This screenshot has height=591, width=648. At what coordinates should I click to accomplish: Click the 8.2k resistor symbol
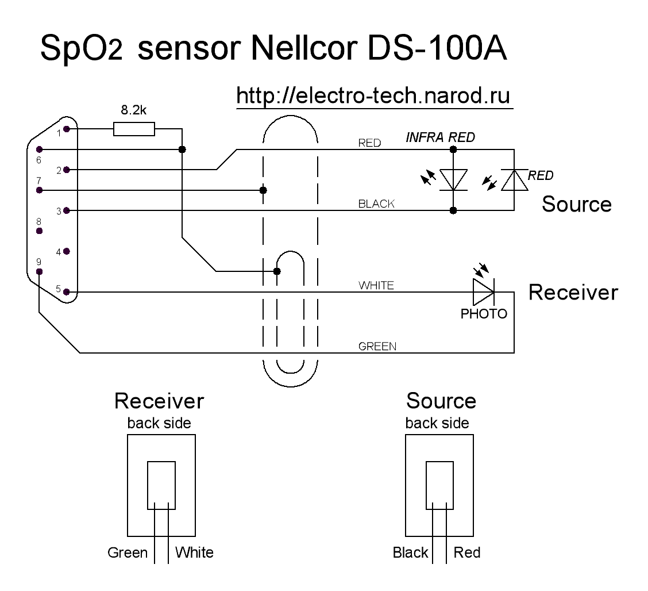coord(134,129)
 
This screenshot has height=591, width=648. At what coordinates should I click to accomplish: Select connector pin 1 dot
coord(67,129)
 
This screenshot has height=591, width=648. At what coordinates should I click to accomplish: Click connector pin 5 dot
coord(67,292)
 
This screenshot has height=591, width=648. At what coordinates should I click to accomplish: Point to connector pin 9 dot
coord(38,271)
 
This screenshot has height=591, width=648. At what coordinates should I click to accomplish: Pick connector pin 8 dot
coord(38,231)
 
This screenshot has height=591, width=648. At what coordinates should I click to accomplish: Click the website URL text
coord(373,96)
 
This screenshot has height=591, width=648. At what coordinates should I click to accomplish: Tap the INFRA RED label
coord(440,138)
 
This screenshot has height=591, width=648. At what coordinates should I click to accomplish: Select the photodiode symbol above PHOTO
coord(483,292)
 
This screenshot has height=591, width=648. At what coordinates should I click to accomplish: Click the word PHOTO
coord(484,314)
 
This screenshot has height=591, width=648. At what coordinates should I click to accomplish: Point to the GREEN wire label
coord(377,347)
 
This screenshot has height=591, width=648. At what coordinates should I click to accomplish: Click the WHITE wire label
coord(376,286)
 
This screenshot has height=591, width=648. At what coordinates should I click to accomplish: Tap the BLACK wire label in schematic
coord(376,204)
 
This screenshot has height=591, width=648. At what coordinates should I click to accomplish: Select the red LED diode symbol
coord(514,180)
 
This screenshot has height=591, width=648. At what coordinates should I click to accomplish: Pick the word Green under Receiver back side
coord(128,553)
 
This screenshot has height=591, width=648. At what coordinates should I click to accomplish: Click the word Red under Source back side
coord(466,553)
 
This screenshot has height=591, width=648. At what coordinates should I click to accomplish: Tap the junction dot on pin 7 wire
coord(263,190)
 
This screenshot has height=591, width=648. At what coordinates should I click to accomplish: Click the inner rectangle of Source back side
coord(439,485)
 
